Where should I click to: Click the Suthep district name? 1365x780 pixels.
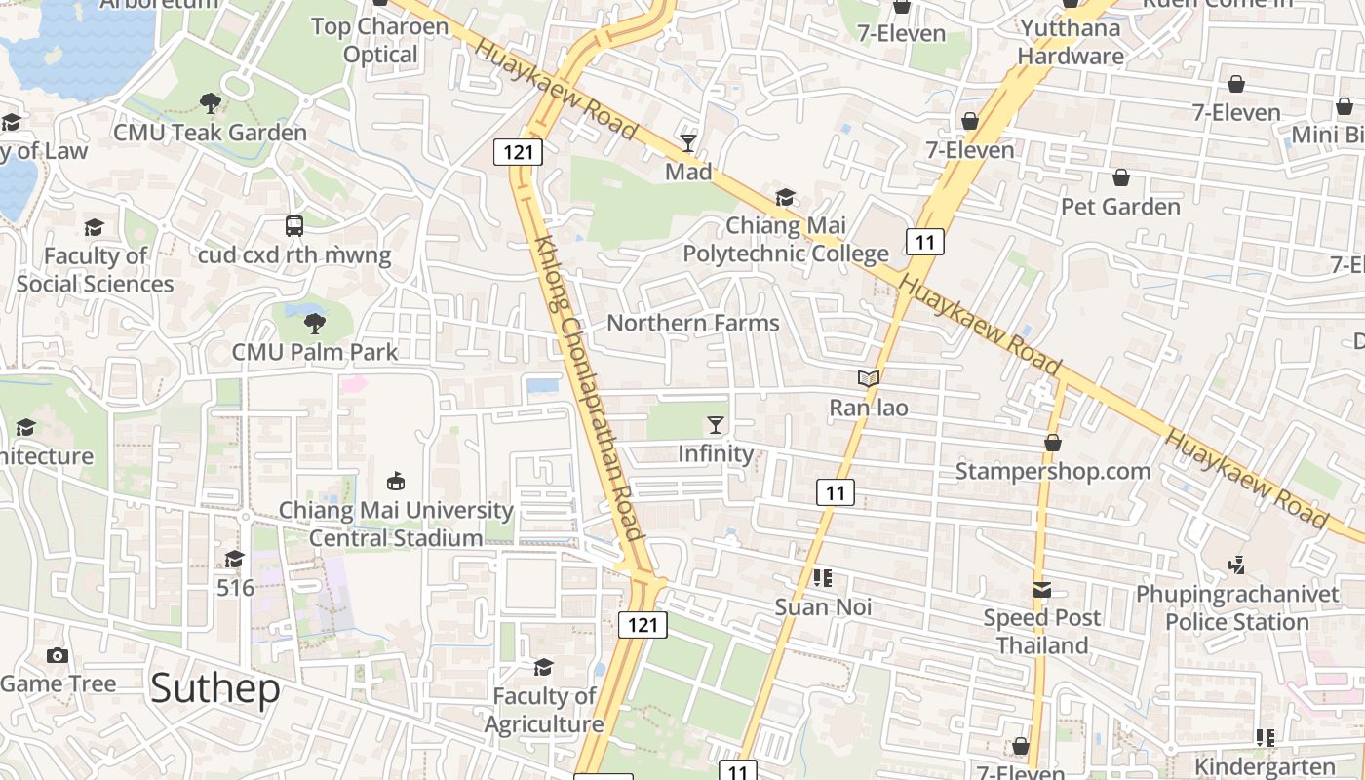215,688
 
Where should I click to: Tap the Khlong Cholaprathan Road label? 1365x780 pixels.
589,388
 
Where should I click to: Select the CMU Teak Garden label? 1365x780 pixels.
210,133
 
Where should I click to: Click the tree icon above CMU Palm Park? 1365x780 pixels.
314,323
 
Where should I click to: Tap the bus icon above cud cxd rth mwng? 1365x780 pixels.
294,226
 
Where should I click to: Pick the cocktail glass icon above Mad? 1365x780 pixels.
688,143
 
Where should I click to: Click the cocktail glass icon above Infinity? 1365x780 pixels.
716,424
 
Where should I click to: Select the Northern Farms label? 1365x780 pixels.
693,323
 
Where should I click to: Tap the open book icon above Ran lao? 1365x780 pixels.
868,378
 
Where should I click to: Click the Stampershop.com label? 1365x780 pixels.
1052,471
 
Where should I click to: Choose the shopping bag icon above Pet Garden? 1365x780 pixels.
1120,177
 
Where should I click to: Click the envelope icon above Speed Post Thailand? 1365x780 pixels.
1042,589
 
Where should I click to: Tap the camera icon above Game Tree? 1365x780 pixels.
58,655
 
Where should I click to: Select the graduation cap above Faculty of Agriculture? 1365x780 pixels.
543,667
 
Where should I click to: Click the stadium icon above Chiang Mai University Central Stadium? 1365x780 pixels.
396,481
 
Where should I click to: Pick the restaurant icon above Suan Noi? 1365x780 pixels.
822,578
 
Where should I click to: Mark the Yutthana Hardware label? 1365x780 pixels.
1070,42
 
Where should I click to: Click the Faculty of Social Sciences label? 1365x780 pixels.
95,269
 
